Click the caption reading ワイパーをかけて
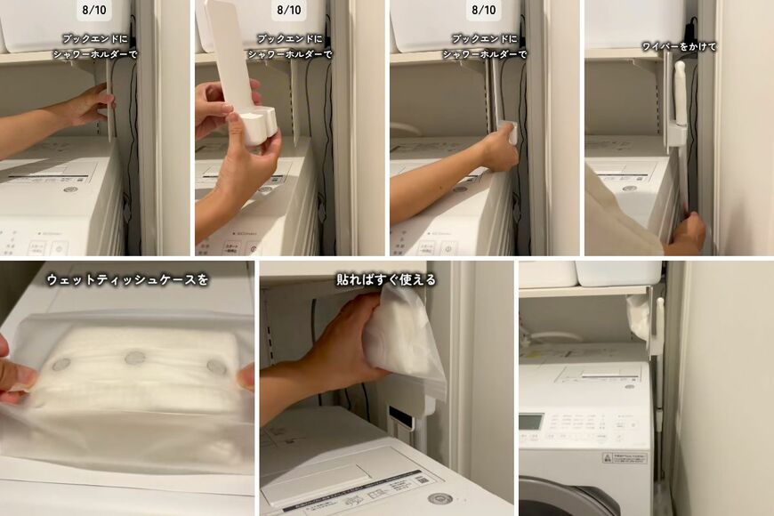pyautogui.click(x=678, y=46)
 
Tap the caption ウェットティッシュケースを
pyautogui.click(x=128, y=279)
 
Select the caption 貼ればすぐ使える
pyautogui.click(x=386, y=279)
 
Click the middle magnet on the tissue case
pyautogui.click(x=135, y=358)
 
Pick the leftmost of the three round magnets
pyautogui.click(x=61, y=365)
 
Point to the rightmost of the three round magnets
pyautogui.click(x=216, y=367)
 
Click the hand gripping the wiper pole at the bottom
pyautogui.click(x=689, y=233)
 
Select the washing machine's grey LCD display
pyautogui.click(x=531, y=421)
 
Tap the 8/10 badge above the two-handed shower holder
pyautogui.click(x=288, y=11)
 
